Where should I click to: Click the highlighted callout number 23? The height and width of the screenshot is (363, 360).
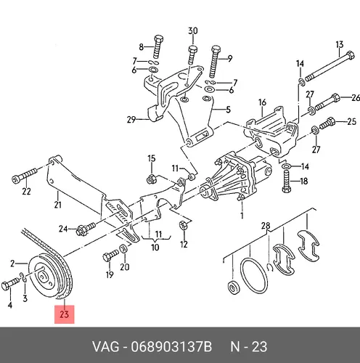point(65,314)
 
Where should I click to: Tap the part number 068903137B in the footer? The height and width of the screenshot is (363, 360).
point(171,346)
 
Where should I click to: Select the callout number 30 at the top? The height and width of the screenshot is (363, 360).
point(193,30)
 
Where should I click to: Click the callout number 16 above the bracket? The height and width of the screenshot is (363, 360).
point(262,102)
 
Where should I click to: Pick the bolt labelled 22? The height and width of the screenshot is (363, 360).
point(25,175)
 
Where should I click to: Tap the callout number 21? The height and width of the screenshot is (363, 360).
point(57,205)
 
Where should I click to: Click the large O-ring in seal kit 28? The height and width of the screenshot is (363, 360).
point(254,276)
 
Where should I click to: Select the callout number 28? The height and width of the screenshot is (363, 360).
point(266,226)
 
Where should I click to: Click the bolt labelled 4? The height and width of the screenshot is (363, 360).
point(10,284)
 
